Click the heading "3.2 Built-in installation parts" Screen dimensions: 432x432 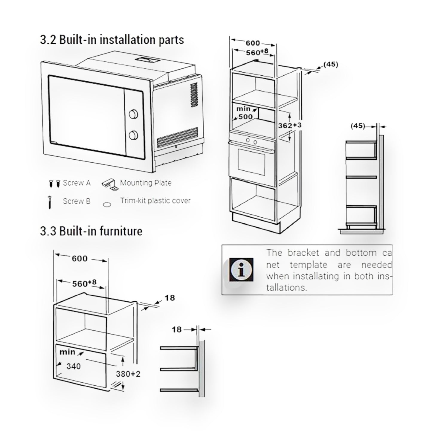click(x=112, y=40)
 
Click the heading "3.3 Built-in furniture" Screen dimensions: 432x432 click(x=91, y=231)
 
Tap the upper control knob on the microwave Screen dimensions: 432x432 click(x=134, y=114)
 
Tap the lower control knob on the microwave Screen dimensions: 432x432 click(x=134, y=135)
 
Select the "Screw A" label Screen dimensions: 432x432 click(x=77, y=183)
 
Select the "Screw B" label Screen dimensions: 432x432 click(x=77, y=201)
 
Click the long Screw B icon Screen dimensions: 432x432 click(x=50, y=202)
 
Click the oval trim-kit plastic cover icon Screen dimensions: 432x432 click(x=107, y=205)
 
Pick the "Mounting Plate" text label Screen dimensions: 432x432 click(x=146, y=183)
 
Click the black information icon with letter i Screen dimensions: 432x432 click(x=241, y=269)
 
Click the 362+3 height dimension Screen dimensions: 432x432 click(x=290, y=125)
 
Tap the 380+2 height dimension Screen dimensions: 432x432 click(x=128, y=374)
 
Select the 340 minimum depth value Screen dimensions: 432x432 click(x=74, y=366)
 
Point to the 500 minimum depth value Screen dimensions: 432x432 click(x=246, y=117)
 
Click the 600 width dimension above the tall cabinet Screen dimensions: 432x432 click(x=253, y=43)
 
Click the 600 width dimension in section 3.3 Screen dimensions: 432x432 click(x=80, y=259)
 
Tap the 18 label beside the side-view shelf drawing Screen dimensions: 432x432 click(x=177, y=329)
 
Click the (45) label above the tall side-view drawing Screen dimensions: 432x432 click(x=358, y=126)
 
